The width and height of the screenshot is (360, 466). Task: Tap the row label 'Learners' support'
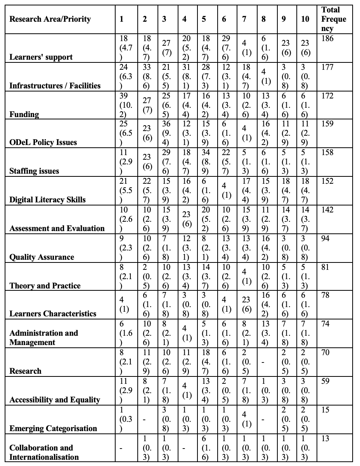[41, 57]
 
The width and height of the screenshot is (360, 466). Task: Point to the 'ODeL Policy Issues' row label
[43, 142]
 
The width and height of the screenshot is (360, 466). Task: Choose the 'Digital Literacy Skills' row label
[47, 200]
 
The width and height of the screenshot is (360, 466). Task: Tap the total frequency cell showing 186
[327, 38]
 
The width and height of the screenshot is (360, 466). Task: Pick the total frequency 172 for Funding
[327, 96]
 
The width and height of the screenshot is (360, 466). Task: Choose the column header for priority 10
[305, 19]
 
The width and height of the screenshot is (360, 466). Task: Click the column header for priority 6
[224, 19]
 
